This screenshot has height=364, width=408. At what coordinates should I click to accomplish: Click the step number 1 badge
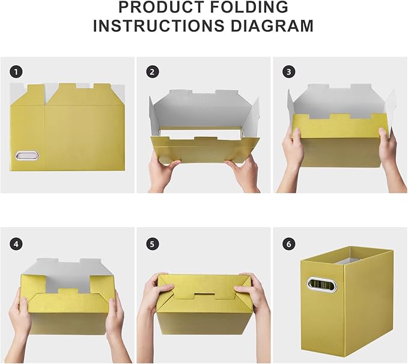(x=16, y=71)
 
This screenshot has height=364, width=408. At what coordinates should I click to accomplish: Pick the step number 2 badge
(x=153, y=71)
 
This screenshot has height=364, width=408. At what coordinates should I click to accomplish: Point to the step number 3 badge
(x=289, y=71)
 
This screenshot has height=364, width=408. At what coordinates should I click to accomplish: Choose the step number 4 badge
(x=16, y=244)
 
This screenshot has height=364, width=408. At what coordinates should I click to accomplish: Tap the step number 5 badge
(x=153, y=244)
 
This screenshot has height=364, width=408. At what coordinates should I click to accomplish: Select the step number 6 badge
(x=289, y=244)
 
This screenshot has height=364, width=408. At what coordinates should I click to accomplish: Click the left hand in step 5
(x=151, y=300)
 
